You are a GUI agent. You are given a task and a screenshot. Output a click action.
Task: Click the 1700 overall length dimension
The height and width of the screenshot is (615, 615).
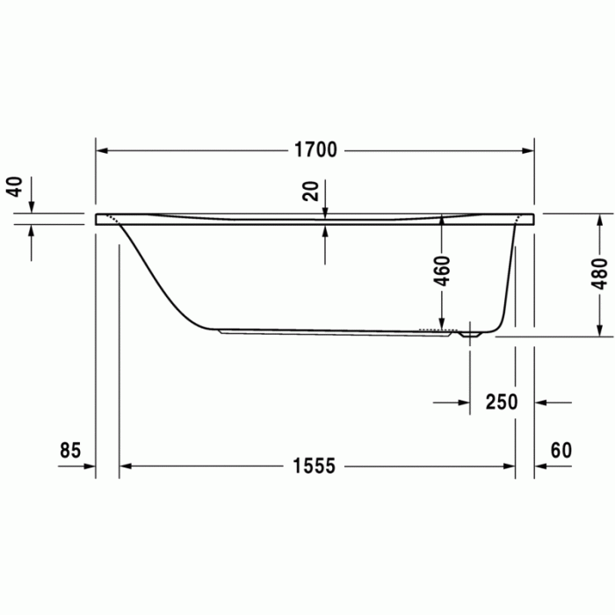[x=315, y=150]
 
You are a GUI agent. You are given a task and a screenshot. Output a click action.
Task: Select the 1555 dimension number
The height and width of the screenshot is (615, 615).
[x=314, y=467]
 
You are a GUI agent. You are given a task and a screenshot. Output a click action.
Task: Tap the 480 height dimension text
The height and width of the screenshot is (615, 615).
[x=599, y=274]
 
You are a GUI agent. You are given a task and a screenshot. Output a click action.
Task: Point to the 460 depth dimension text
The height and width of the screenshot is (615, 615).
[x=442, y=271]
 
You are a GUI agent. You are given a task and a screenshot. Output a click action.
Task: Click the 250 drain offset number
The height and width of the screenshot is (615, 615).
[x=502, y=402]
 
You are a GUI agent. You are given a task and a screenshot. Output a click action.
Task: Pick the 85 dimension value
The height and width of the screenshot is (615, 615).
[x=70, y=451]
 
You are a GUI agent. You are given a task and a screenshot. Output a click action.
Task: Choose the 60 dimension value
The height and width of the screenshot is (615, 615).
[x=561, y=451]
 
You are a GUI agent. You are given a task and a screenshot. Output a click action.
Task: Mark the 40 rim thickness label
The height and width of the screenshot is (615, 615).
[x=14, y=187]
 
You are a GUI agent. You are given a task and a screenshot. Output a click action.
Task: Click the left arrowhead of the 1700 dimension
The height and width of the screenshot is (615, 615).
[x=101, y=150]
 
